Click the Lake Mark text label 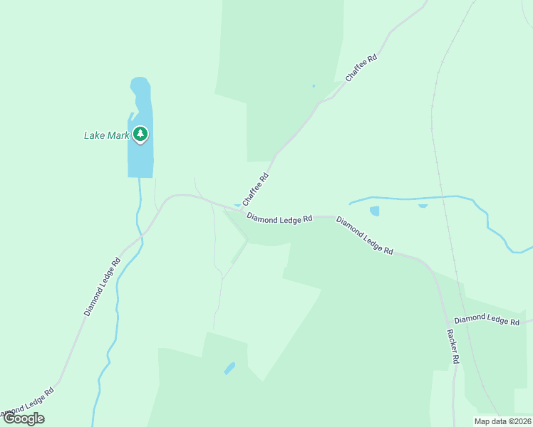(x=106, y=135)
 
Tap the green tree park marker (x=141, y=134)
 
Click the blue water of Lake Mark (x=140, y=160)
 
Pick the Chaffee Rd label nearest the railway (x=361, y=67)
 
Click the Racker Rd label (x=452, y=347)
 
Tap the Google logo (x=24, y=418)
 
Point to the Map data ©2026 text (x=502, y=421)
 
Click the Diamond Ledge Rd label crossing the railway (x=487, y=320)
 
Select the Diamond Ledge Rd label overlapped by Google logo (x=29, y=403)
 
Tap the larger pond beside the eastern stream (x=374, y=211)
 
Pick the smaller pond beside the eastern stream (x=423, y=206)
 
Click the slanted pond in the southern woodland (x=229, y=368)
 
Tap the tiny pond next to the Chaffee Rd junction (x=237, y=206)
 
